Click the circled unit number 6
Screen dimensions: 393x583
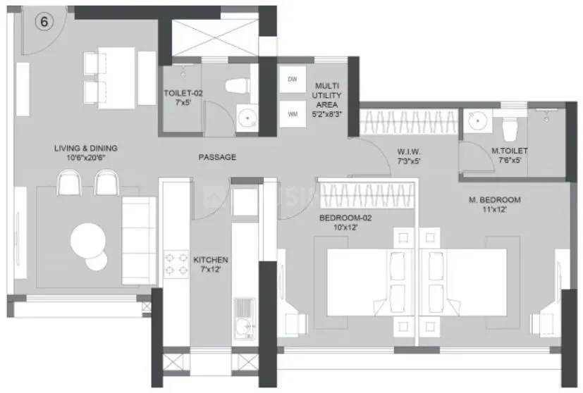[x=44, y=22]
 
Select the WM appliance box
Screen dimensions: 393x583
[x=293, y=113]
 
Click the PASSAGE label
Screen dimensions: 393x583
[x=217, y=157]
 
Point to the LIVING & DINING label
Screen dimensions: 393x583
[x=86, y=149]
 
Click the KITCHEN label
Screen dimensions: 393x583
[x=211, y=260]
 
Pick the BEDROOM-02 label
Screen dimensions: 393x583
[x=345, y=218]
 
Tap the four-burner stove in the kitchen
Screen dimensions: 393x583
[x=174, y=265]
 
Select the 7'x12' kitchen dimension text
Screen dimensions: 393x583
[x=211, y=270]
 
